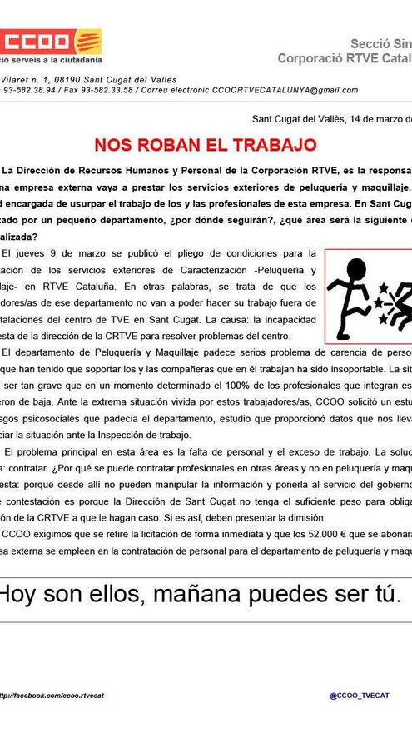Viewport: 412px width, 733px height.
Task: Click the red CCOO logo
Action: pos(51,41)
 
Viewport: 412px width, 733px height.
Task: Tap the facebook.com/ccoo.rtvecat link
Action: pos(50,694)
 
